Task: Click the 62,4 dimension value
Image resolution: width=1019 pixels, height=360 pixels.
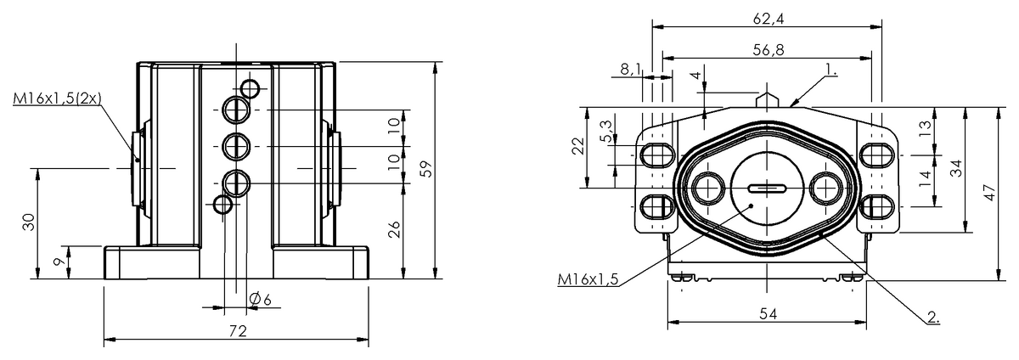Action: (x=768, y=19)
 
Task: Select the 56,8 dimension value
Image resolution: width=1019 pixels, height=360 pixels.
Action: (x=768, y=49)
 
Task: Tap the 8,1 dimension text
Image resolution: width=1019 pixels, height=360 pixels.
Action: (x=630, y=69)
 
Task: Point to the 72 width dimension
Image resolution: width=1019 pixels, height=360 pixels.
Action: (x=238, y=331)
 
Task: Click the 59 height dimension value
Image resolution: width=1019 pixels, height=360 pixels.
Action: (x=426, y=169)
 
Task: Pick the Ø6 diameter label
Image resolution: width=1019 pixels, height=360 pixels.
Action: (x=260, y=300)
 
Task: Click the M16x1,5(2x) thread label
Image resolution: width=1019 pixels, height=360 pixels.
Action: (x=57, y=98)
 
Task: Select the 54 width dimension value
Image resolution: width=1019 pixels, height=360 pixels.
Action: (x=768, y=313)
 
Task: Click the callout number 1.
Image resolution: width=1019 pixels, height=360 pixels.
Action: (x=830, y=70)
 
